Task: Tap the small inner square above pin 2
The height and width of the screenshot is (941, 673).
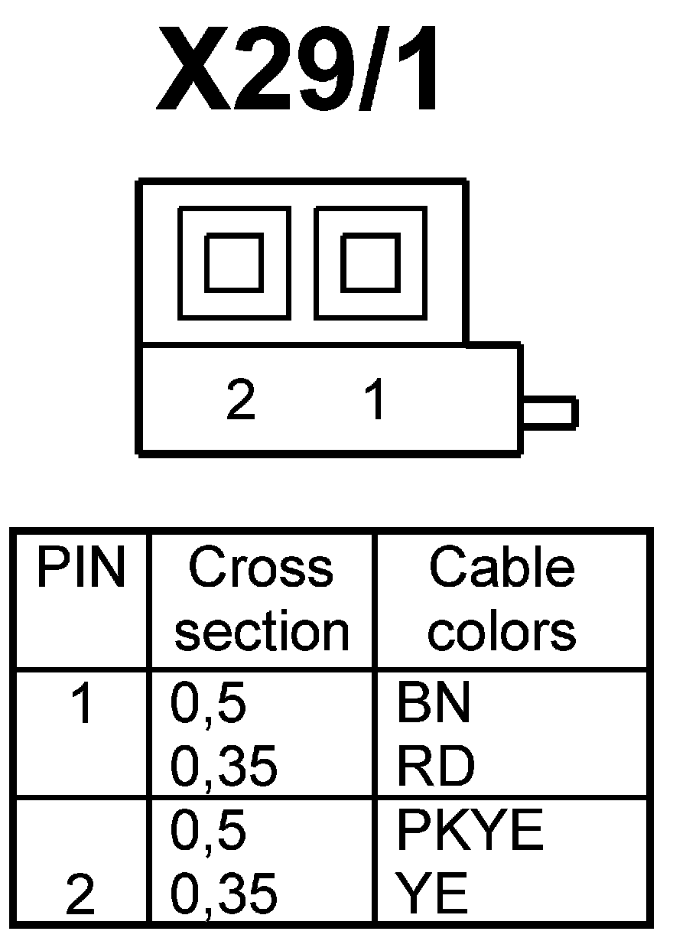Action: pyautogui.click(x=234, y=262)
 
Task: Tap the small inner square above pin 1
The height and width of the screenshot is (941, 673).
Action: pyautogui.click(x=369, y=262)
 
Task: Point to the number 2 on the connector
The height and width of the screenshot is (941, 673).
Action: pyautogui.click(x=241, y=401)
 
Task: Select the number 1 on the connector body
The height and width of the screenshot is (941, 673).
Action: pyautogui.click(x=376, y=401)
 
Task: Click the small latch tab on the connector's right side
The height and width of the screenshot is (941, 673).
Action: pyautogui.click(x=549, y=412)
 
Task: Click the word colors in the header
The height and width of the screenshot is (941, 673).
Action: pyautogui.click(x=502, y=631)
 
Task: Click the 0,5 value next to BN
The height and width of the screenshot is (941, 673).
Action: pyautogui.click(x=208, y=705)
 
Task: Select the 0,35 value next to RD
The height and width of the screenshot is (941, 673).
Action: pyautogui.click(x=223, y=767)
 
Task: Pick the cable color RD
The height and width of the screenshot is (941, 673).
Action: pyautogui.click(x=434, y=767)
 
